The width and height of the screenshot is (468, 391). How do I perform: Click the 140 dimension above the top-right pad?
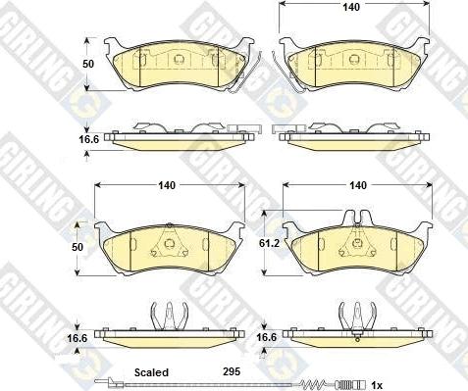pos(351,7)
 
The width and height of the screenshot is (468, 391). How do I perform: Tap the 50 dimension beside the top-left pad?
pos(88,64)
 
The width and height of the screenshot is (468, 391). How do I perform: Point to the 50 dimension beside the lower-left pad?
pos(78,247)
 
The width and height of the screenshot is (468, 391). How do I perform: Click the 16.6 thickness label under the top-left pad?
pos(88,139)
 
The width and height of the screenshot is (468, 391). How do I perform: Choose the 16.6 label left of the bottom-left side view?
pos(78,338)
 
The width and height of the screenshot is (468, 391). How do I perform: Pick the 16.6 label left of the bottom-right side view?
pos(266,337)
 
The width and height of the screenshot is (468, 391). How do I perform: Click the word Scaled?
pos(151,372)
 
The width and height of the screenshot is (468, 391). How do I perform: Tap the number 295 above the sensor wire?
pos(232,371)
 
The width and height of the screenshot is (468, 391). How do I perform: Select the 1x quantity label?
pos(377,385)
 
